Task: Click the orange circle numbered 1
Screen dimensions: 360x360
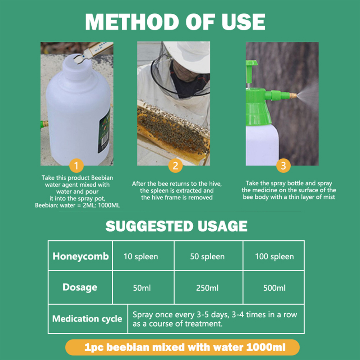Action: (76, 166)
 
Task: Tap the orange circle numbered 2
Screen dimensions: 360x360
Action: (175, 166)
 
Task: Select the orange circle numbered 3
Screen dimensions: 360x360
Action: (283, 166)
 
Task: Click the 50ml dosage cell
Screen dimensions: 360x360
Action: (142, 288)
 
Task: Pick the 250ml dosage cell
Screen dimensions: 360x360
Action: (207, 288)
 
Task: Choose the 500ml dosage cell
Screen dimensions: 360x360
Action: (274, 288)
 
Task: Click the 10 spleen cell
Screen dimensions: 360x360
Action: (141, 257)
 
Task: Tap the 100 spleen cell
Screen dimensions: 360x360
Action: (274, 257)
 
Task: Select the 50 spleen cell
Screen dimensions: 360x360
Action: (207, 257)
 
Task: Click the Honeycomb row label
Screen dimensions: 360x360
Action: (80, 256)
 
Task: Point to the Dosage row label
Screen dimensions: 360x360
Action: (80, 287)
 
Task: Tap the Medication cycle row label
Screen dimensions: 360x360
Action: (87, 319)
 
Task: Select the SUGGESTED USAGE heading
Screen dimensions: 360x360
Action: (176, 226)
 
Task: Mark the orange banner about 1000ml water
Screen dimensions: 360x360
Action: (182, 347)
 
